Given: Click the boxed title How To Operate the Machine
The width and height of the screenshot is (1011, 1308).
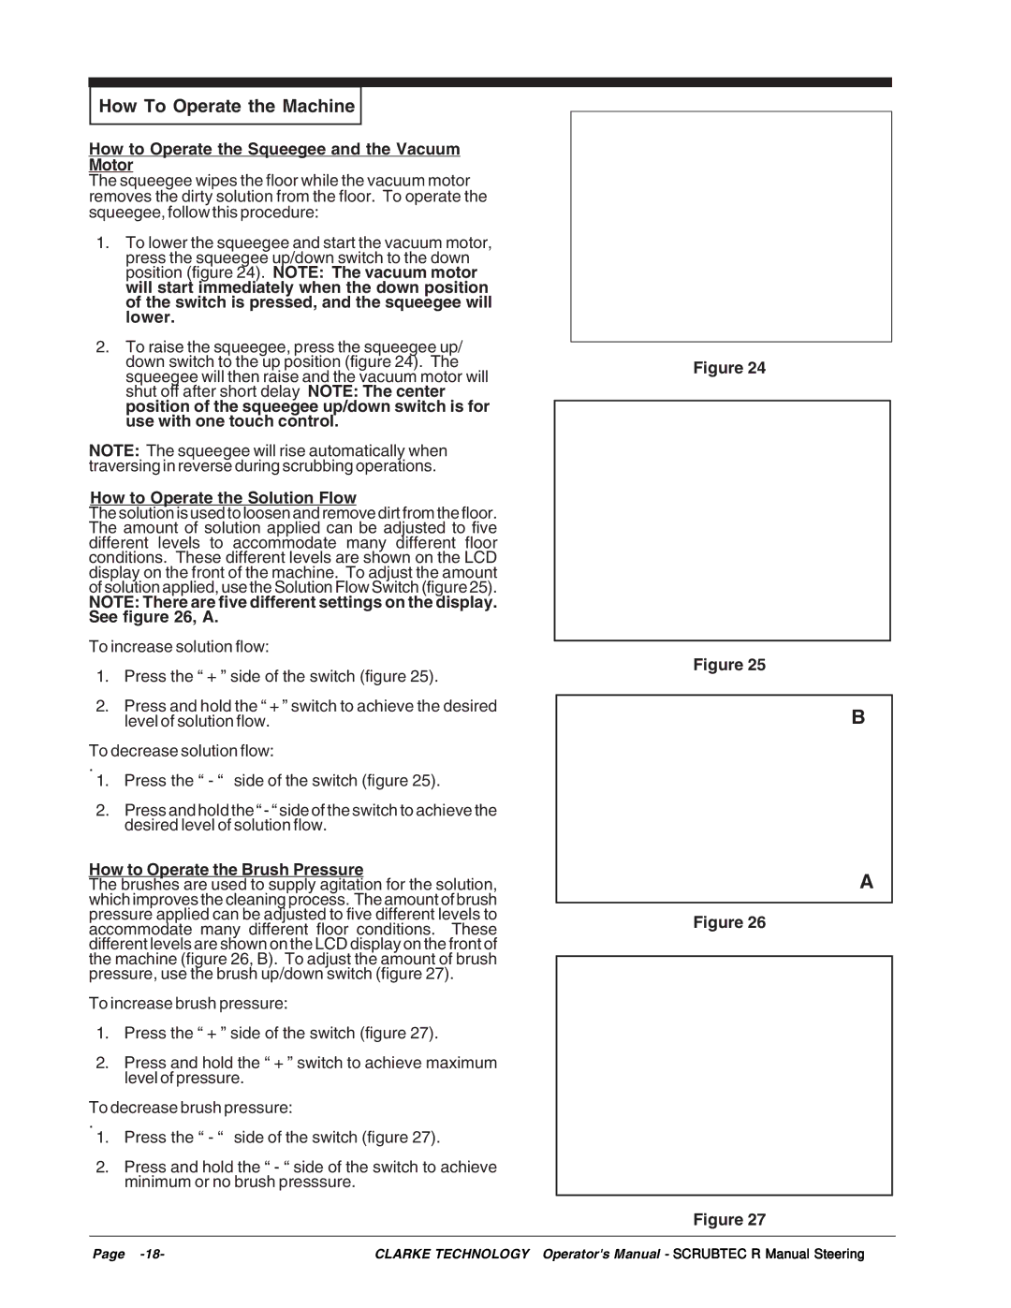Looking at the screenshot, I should (x=227, y=107).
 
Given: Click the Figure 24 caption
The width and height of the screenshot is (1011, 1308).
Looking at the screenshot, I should (x=729, y=368).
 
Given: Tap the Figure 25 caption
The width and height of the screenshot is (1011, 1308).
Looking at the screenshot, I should (x=729, y=665).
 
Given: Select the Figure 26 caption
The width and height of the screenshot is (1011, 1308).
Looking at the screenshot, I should (x=729, y=922).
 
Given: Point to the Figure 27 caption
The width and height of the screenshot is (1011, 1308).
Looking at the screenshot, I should (x=729, y=1219).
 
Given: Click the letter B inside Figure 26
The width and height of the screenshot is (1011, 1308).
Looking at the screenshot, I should (x=857, y=717).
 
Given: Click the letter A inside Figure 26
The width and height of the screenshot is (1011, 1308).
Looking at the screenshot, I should (x=866, y=882).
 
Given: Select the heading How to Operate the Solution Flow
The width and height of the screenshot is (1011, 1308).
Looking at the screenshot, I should (x=223, y=498).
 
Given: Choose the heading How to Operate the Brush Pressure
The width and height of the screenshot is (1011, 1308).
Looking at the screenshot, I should (x=227, y=870).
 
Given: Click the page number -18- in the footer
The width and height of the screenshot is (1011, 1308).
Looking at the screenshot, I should (x=152, y=1255).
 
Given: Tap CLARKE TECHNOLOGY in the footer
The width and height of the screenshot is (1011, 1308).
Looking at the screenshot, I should (x=452, y=1255).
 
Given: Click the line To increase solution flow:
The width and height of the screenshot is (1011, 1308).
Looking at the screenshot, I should (x=179, y=647).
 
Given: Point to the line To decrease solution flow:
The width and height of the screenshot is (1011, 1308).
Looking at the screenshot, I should (x=182, y=751).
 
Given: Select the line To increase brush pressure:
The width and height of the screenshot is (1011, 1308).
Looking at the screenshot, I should (x=188, y=1004).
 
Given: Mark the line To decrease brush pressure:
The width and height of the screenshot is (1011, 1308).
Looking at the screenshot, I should (x=191, y=1108).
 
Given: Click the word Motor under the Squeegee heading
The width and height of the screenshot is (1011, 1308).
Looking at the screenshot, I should (x=111, y=166).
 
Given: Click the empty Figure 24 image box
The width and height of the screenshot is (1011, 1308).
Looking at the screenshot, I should (x=730, y=227).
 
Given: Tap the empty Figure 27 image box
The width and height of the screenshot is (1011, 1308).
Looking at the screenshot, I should (x=724, y=1075).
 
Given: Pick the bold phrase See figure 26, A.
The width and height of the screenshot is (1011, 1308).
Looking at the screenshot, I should (x=154, y=617).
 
